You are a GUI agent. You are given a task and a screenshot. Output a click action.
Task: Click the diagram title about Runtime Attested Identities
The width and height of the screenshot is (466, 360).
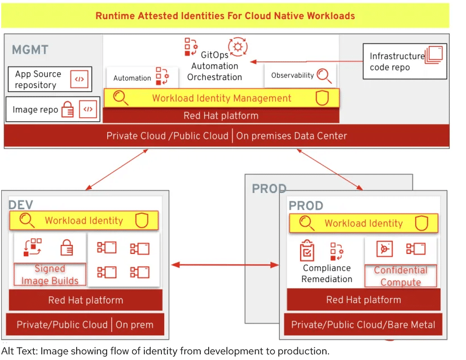pyautogui.click(x=225, y=15)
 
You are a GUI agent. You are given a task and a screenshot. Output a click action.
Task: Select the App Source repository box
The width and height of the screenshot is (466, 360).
pyautogui.click(x=50, y=80)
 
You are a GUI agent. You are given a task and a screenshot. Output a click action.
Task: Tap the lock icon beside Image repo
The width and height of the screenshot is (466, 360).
pyautogui.click(x=68, y=109)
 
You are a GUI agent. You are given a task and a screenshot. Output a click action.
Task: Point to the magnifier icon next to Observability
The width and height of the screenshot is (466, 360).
pyautogui.click(x=324, y=76)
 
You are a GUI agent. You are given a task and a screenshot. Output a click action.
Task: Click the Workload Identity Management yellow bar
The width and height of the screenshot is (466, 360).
pyautogui.click(x=222, y=98)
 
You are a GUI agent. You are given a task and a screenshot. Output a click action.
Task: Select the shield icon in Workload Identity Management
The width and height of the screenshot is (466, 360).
pyautogui.click(x=322, y=98)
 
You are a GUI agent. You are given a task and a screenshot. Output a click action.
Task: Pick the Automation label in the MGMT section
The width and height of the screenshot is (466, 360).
pyautogui.click(x=132, y=78)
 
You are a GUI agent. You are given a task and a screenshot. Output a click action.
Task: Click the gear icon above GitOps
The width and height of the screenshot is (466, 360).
pyautogui.click(x=238, y=46)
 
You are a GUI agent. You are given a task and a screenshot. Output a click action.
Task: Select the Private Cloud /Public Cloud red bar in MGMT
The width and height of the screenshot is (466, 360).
pyautogui.click(x=226, y=135)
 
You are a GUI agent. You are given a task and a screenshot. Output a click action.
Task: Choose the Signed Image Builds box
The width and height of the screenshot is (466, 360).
pyautogui.click(x=50, y=275)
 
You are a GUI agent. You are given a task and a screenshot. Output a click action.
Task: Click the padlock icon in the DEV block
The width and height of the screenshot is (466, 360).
pyautogui.click(x=67, y=248)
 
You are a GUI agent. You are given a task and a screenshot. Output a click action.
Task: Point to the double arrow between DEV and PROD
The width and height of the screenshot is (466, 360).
pyautogui.click(x=226, y=264)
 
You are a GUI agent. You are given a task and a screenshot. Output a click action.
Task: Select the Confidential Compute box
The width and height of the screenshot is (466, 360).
pyautogui.click(x=401, y=276)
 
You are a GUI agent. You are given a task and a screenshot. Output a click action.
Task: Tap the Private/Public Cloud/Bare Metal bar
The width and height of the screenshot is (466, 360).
pyautogui.click(x=363, y=324)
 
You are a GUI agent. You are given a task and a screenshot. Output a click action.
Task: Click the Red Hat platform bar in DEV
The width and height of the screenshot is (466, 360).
pyautogui.click(x=86, y=300)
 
